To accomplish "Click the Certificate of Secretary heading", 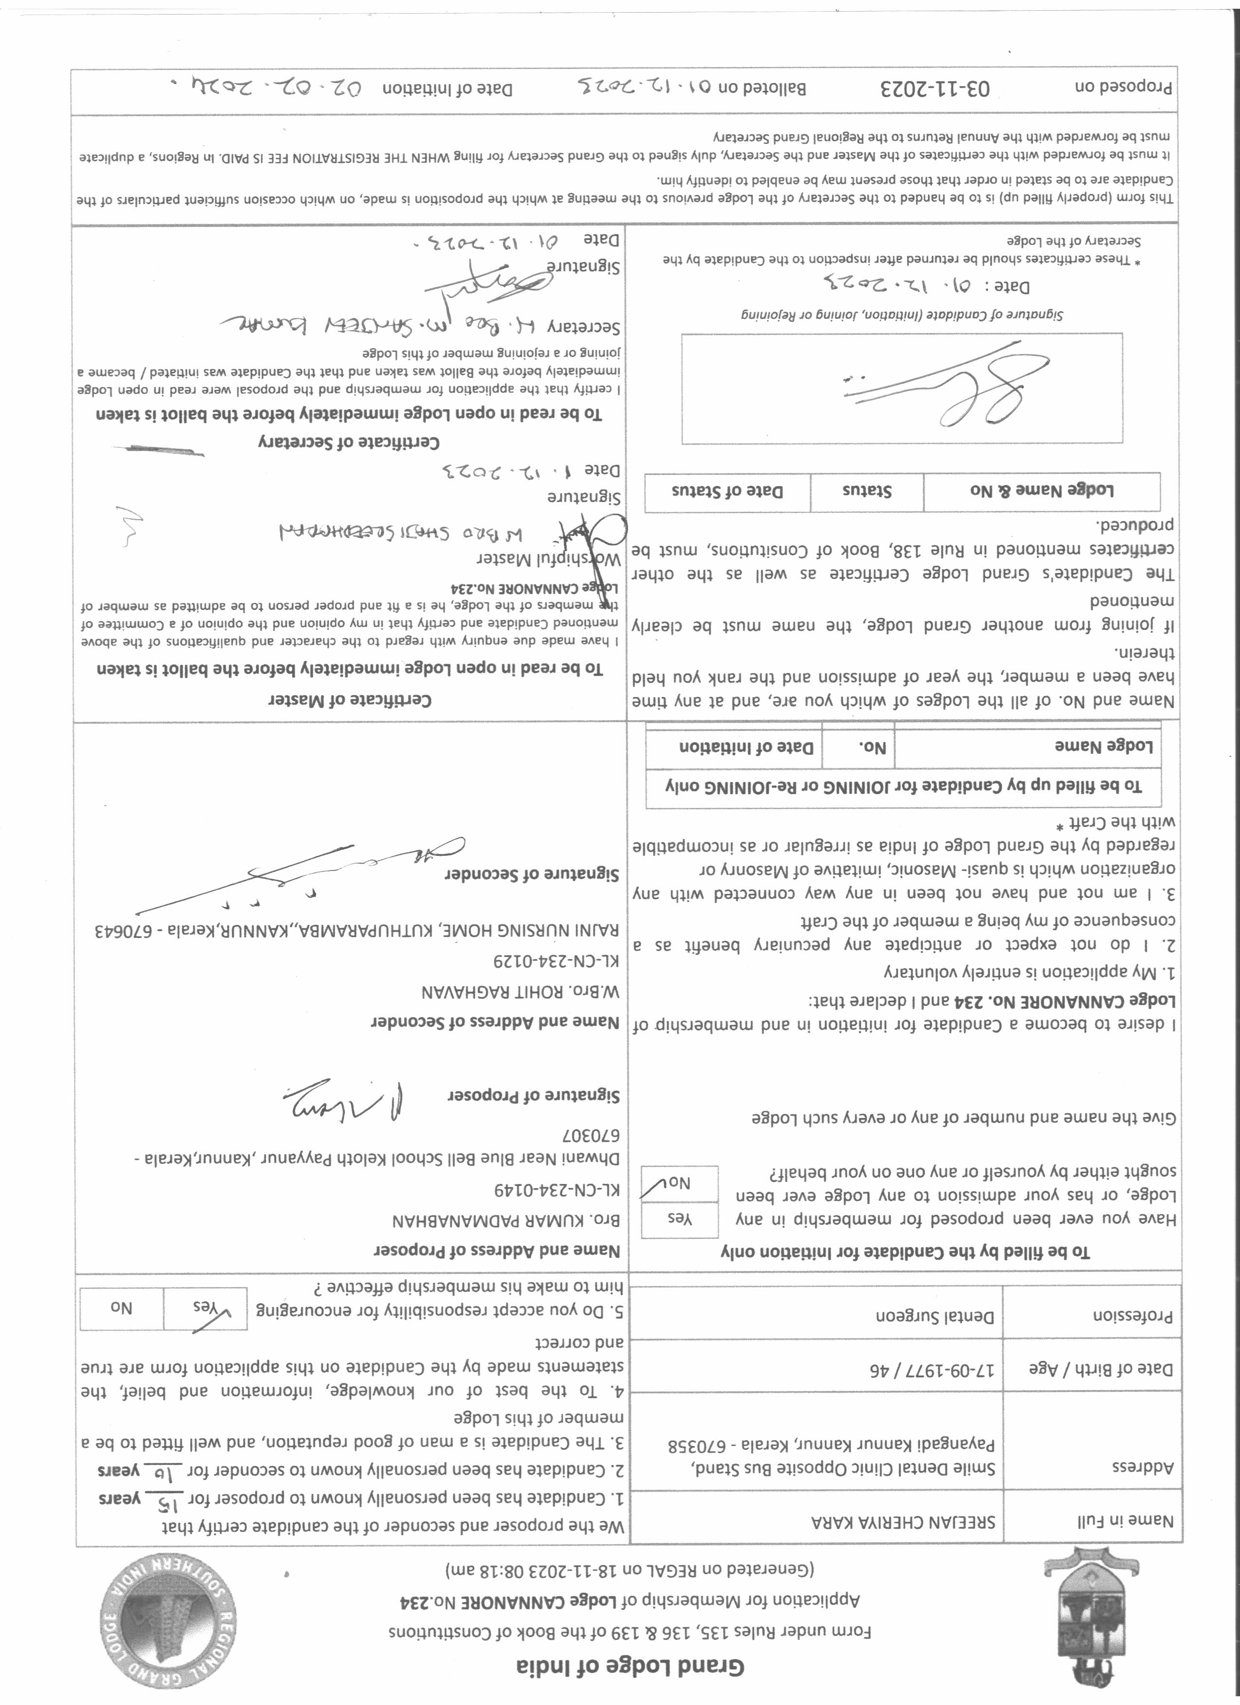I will [x=349, y=441].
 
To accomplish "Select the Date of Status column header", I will [x=726, y=492].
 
